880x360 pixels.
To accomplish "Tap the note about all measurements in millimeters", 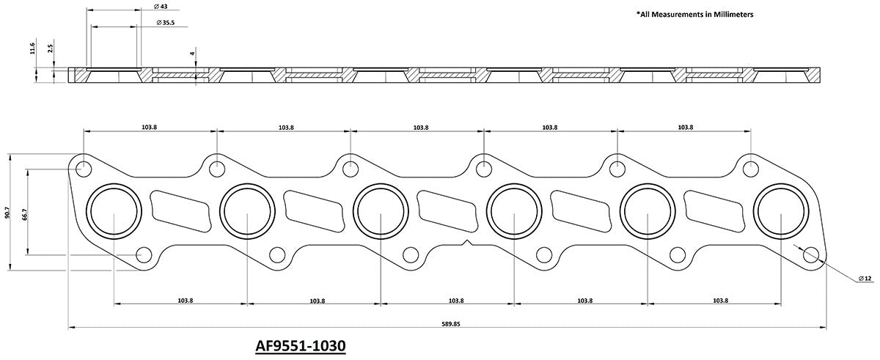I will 694,14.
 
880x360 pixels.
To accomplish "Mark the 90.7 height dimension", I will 8,212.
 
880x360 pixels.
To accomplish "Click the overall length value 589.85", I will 446,325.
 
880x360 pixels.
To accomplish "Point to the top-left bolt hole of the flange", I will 84,167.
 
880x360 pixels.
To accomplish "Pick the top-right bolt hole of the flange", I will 750,167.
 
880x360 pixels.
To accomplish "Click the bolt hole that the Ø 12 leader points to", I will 810,255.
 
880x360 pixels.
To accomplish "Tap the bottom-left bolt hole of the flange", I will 144,255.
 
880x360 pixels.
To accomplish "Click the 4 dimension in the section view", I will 191,54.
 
